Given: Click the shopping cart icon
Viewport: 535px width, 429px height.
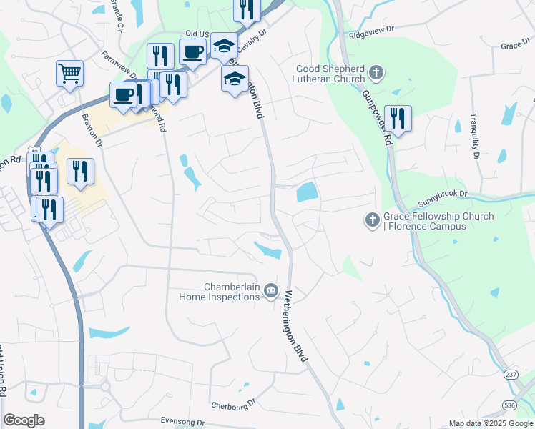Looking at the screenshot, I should (69, 73).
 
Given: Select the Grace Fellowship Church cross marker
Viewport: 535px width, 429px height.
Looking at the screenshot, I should (372, 220).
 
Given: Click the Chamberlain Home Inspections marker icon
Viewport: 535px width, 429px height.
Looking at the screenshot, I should (271, 290).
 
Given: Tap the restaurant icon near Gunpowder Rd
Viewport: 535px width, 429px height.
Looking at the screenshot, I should (397, 118).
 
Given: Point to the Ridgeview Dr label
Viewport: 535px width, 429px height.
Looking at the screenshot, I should (372, 32).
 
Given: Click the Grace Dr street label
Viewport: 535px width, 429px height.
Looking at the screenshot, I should (515, 46).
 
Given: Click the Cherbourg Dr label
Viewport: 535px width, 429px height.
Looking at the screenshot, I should (233, 404).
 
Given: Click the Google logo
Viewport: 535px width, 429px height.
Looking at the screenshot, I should (24, 420).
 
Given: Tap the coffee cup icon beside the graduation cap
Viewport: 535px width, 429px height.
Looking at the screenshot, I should (193, 51).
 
